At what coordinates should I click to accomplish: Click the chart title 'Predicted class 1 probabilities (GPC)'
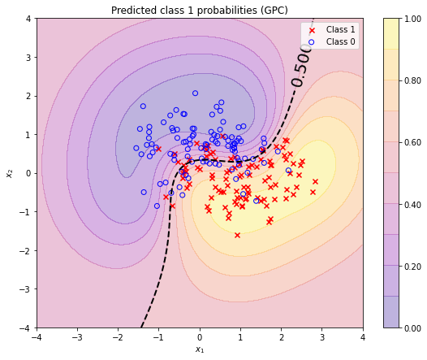coord(200,11)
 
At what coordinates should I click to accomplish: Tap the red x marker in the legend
coord(312,30)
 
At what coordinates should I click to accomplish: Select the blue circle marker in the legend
coord(312,42)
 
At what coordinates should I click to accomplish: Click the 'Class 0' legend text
coord(340,41)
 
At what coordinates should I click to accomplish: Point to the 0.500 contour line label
coord(302,66)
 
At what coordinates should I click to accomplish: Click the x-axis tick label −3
coord(77,337)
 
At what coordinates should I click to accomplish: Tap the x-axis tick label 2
coord(282,337)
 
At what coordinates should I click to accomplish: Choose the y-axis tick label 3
coord(28,58)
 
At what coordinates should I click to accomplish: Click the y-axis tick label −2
coord(26,250)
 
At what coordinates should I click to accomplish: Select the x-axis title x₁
coord(200,349)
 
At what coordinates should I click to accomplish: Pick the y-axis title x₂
coord(10,173)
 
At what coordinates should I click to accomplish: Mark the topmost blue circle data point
coord(195,93)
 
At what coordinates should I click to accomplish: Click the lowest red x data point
coord(238,235)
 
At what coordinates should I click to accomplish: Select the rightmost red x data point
coord(315,181)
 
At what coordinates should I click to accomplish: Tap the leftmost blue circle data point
coord(136,148)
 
